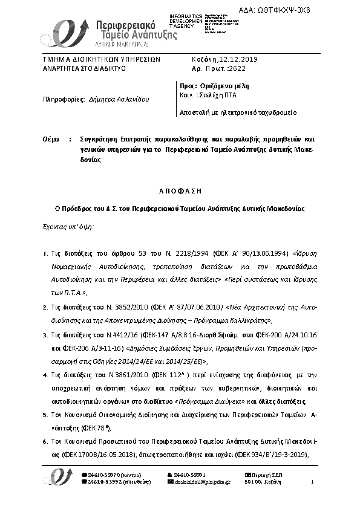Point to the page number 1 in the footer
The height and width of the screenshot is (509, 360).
[x=313, y=482]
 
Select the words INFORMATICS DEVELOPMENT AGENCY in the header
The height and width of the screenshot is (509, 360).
[x=186, y=20]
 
